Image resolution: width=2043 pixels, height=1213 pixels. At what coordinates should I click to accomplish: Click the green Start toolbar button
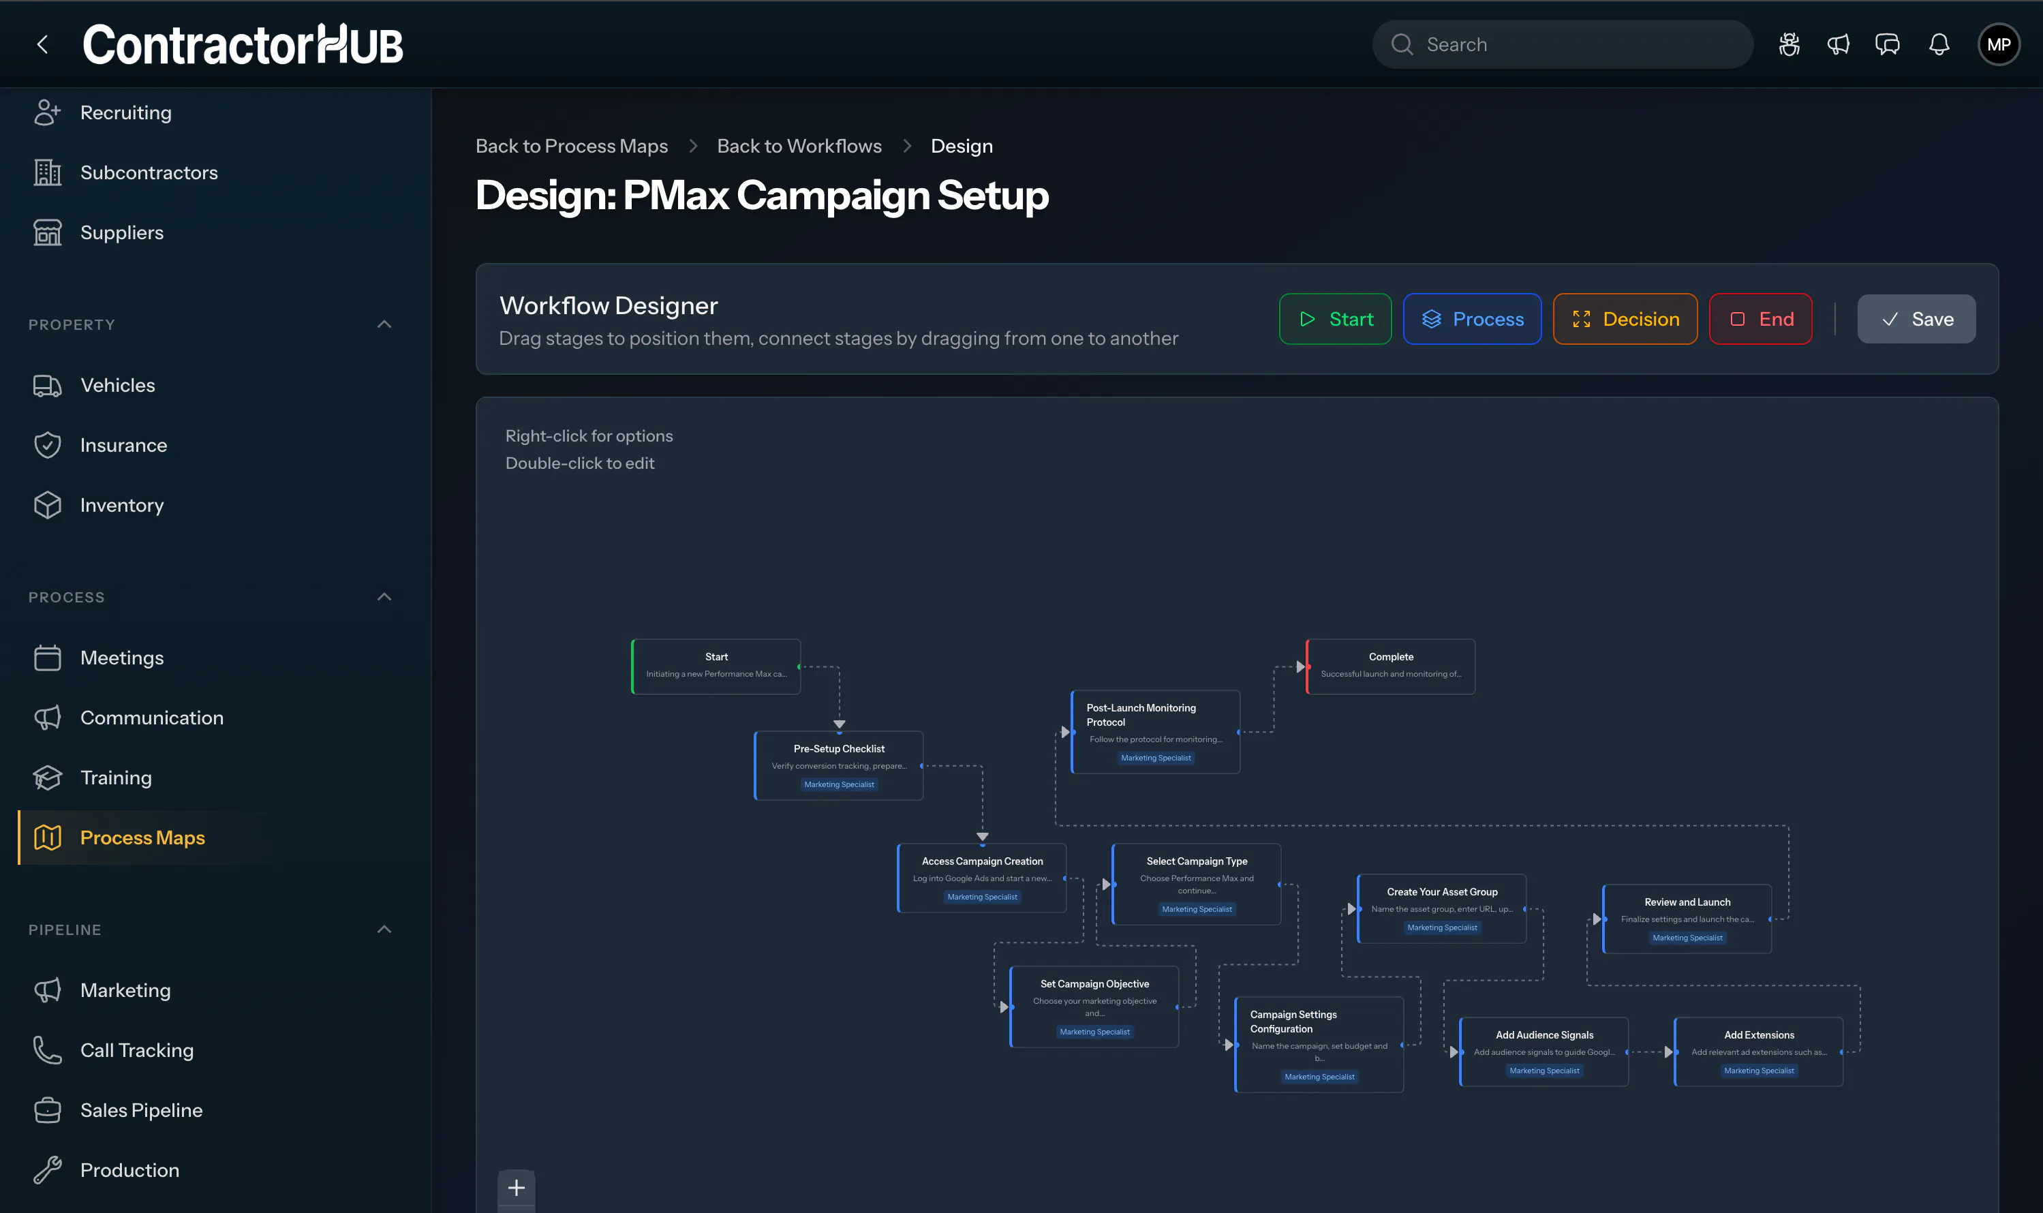pos(1334,319)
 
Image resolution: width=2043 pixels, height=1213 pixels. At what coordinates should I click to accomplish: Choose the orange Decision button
pos(1625,319)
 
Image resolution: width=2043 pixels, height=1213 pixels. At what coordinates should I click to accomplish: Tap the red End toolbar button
pos(1760,319)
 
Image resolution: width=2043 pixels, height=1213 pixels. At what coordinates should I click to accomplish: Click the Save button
pos(1916,319)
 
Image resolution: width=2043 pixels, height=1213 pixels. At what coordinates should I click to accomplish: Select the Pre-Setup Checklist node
pos(838,765)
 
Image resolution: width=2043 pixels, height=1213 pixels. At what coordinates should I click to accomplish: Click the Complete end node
pos(1390,666)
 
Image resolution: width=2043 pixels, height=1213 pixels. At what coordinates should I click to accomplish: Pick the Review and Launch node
pos(1687,919)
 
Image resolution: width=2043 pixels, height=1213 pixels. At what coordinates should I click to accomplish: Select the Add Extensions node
pos(1759,1051)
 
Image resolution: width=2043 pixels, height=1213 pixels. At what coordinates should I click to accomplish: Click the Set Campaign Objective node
pos(1094,1007)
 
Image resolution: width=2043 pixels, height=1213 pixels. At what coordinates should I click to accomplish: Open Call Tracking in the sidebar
pos(136,1050)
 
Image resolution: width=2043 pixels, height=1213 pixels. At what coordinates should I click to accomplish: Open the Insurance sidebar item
pos(123,446)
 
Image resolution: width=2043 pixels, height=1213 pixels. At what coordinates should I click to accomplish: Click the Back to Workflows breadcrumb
pos(799,147)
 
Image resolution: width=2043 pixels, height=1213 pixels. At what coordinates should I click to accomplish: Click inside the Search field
pos(1563,44)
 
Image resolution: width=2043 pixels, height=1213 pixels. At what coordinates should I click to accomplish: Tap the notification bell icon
pos(1939,44)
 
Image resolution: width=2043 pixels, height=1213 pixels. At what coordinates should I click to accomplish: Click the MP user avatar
pos(1999,44)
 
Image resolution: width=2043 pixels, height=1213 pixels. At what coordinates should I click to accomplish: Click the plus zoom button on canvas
pos(517,1188)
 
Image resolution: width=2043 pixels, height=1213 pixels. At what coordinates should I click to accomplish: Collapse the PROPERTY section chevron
pos(384,324)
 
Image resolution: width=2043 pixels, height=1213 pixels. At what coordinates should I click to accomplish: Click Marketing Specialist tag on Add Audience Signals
pos(1543,1071)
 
